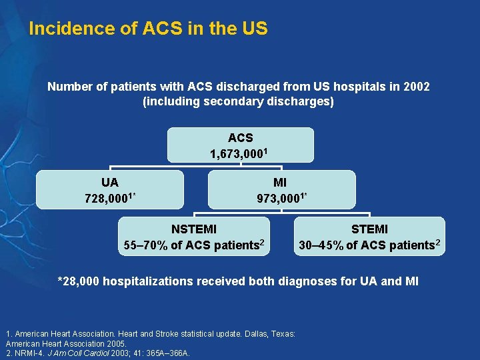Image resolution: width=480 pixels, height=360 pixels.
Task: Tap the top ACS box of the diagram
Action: point(240,145)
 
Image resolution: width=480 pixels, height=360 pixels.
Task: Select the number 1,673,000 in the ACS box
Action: point(237,154)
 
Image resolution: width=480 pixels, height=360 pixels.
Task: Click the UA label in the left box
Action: point(110,182)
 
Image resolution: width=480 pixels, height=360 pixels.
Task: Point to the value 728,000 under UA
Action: point(107,198)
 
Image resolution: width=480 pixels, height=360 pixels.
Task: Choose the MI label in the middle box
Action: point(281,182)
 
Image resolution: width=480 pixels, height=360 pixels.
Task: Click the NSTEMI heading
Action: point(194,229)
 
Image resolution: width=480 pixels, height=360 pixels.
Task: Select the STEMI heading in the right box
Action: point(369,229)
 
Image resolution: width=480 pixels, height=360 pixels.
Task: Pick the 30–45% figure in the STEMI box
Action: point(321,245)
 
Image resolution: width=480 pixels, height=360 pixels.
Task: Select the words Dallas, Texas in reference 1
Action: point(271,333)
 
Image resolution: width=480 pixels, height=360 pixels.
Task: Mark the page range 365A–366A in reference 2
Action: point(167,353)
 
